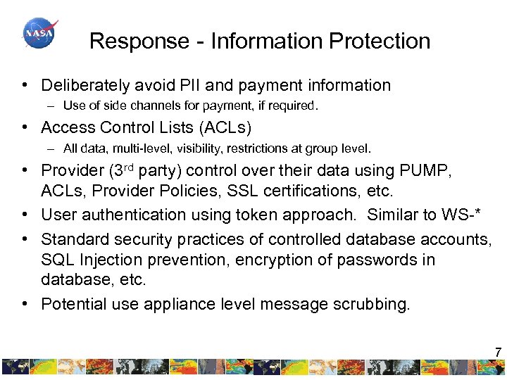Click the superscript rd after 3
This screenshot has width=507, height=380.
click(125, 167)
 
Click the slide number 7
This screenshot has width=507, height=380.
click(498, 352)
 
